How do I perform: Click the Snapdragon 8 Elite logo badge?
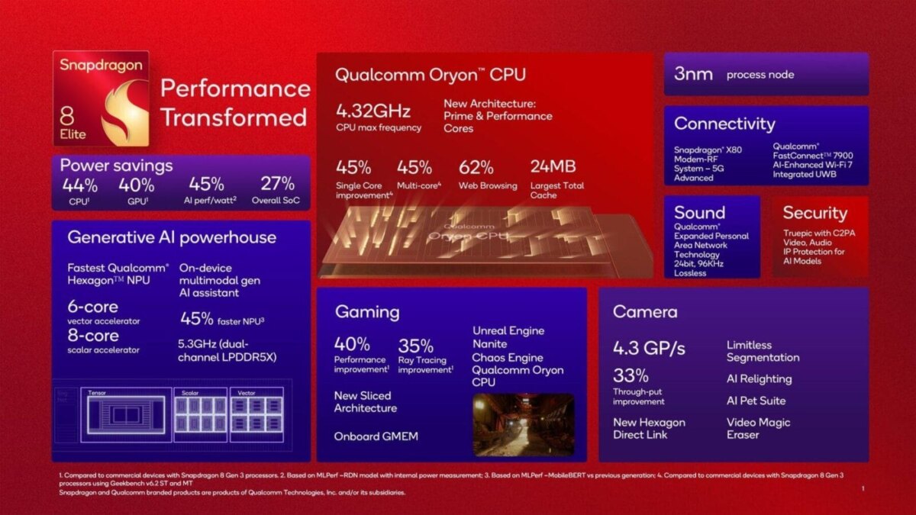102,99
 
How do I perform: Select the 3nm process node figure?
693,74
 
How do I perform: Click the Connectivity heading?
724,124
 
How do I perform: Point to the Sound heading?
699,213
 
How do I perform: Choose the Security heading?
814,213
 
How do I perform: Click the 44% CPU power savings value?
79,185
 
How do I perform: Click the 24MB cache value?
553,167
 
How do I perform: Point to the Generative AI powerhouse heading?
172,237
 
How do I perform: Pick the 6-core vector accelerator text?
92,307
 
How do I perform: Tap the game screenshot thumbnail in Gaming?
523,424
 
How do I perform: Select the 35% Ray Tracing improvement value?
415,345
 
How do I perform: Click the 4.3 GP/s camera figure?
649,349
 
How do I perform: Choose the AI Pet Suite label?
756,401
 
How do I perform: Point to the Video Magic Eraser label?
758,428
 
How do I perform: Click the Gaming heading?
366,312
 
